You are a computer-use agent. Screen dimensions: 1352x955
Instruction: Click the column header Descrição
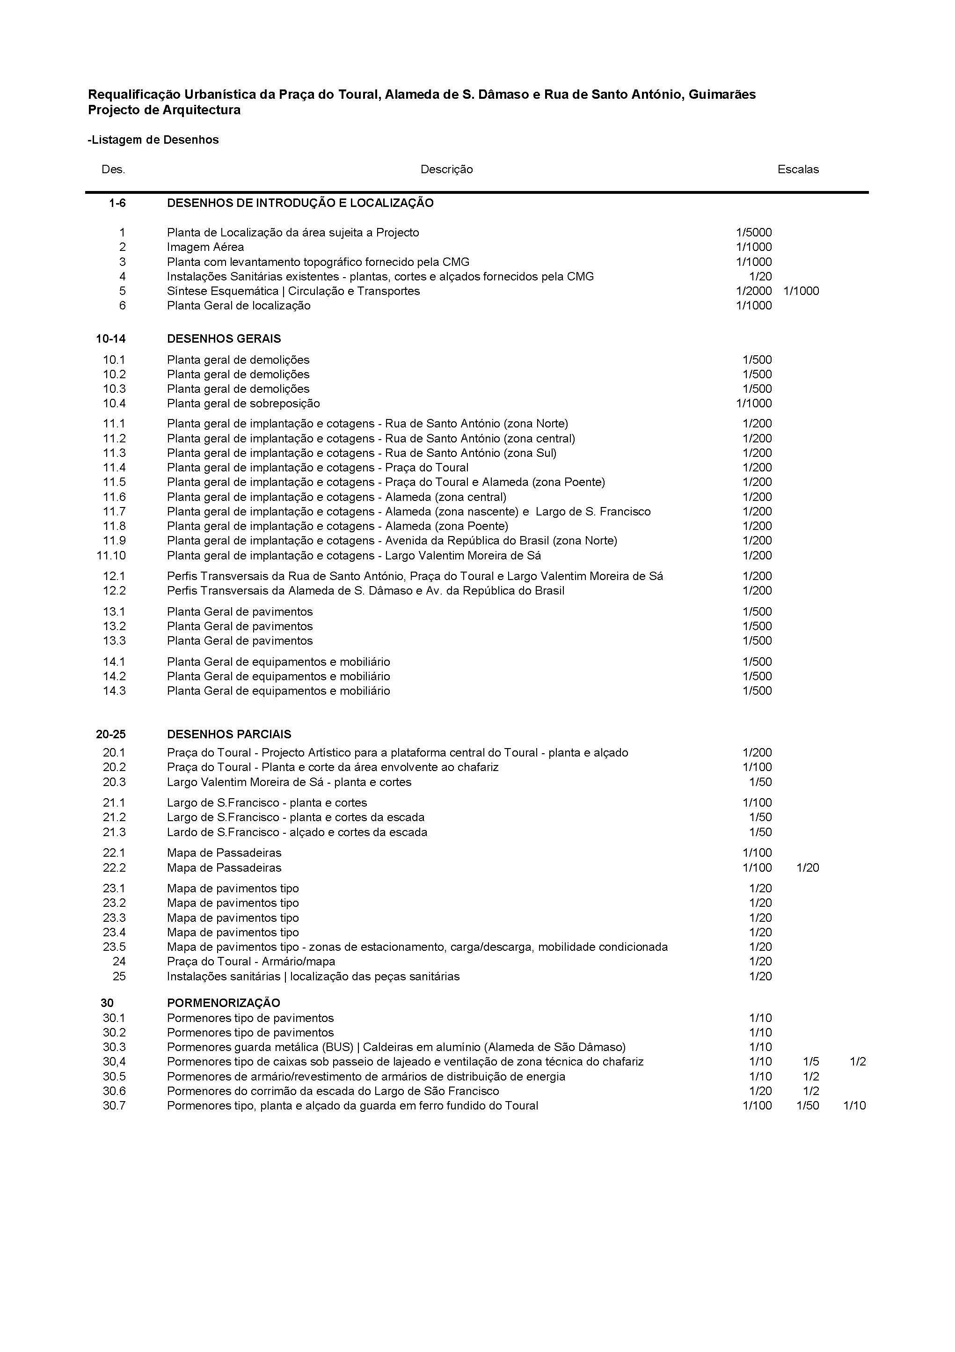[446, 169]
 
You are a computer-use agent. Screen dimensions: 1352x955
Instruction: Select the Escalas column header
[798, 169]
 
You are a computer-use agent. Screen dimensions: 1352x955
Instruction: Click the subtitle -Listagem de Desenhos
[153, 140]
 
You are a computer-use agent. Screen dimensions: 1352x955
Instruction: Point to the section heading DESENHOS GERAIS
[224, 338]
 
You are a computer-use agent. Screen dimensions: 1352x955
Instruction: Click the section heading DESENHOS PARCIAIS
[229, 735]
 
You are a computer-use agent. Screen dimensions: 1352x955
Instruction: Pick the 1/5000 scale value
[754, 233]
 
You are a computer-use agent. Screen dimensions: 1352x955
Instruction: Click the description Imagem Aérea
[205, 247]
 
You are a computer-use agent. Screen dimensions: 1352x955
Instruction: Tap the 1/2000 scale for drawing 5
[754, 291]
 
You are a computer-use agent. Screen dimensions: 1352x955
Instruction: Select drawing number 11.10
[111, 555]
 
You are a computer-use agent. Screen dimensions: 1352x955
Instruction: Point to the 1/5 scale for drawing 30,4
[811, 1062]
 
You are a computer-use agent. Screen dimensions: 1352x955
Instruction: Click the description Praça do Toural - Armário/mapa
[251, 962]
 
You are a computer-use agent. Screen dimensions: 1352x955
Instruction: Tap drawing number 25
[119, 976]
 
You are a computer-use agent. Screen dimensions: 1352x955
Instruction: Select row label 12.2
[114, 591]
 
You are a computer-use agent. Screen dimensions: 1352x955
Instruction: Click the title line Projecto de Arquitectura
[164, 110]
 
